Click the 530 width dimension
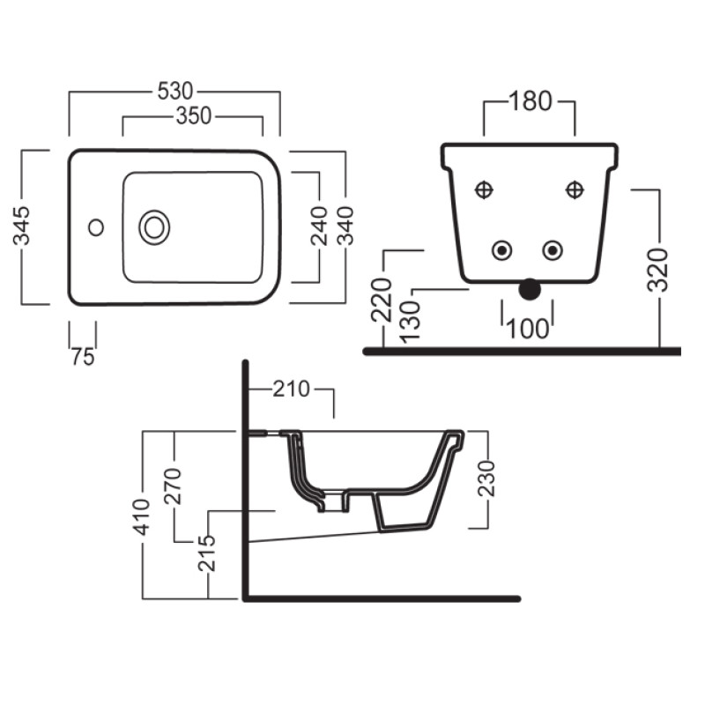pos(175,92)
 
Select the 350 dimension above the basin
pos(194,116)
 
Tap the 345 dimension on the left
pos(21,226)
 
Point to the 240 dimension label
pos(319,226)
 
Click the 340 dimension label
pos(345,226)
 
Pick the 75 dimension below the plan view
pos(83,357)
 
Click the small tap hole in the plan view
pos(96,227)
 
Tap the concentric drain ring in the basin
pos(154,227)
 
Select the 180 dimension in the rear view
pos(531,101)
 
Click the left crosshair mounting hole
pos(484,189)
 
